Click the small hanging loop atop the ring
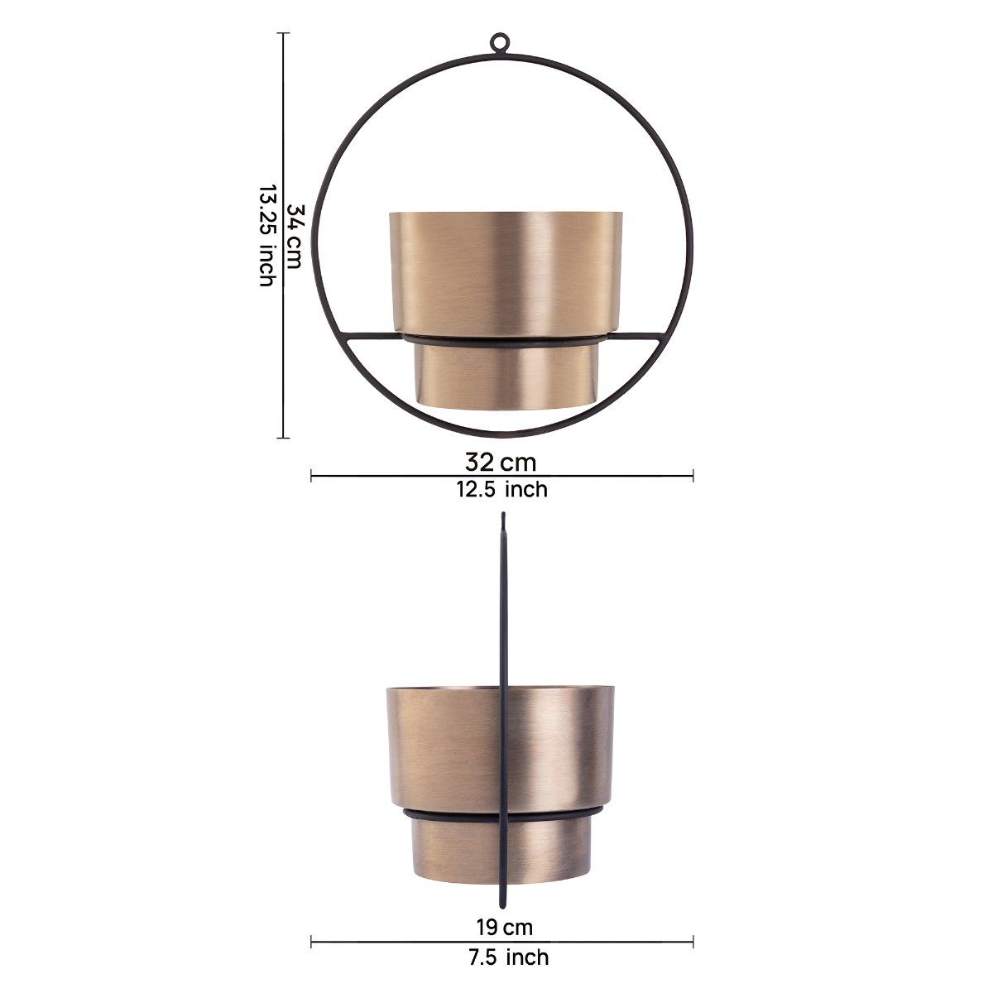[500, 43]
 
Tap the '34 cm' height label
[294, 235]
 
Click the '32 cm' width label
[501, 461]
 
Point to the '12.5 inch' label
[501, 489]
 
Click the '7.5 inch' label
[501, 911]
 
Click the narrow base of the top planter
[502, 377]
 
